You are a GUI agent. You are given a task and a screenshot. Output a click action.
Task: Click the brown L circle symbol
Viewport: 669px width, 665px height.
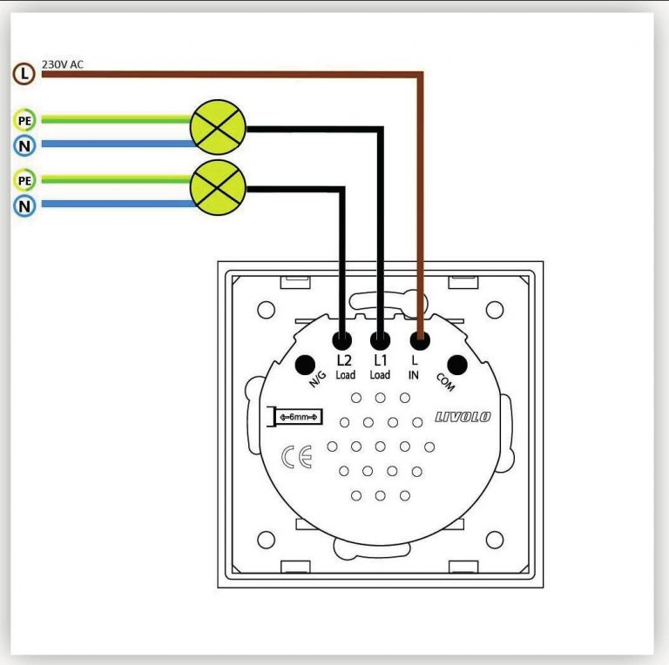coord(24,74)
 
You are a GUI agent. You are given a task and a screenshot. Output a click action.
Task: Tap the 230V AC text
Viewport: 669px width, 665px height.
coord(63,64)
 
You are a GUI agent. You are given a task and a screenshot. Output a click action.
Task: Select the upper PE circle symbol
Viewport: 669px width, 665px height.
coord(24,121)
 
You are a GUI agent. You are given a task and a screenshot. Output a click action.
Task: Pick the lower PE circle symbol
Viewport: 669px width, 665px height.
coord(24,181)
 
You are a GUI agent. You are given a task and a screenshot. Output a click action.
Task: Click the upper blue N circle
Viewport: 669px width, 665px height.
coord(24,145)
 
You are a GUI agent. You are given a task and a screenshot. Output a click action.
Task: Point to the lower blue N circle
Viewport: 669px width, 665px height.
coord(24,206)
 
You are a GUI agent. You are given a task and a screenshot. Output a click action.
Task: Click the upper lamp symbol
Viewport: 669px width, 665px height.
coord(218,127)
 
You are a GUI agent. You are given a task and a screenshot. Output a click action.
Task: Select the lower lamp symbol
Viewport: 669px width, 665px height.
coord(218,187)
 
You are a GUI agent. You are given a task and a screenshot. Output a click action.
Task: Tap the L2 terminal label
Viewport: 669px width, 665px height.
coord(344,360)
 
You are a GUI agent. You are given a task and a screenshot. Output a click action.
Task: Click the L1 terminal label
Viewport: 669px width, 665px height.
coord(380,360)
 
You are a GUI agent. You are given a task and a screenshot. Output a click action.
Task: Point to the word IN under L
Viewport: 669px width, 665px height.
coord(414,375)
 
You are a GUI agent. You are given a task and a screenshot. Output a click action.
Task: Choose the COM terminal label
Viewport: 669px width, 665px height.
coord(445,382)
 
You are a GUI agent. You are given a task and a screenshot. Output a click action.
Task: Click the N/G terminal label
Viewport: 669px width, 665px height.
coord(317,379)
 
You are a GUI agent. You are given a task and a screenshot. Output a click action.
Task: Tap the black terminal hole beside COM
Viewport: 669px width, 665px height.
coord(457,365)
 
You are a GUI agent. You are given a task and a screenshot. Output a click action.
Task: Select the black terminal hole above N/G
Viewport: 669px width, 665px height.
coord(305,365)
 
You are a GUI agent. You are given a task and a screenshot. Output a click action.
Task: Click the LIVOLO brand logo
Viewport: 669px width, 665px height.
coord(463,417)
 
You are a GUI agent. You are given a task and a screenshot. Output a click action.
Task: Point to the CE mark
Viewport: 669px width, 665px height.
coord(297,457)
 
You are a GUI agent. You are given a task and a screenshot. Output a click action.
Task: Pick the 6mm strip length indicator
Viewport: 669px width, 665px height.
coord(294,416)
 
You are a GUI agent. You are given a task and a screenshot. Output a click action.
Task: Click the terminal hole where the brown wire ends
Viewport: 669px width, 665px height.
coord(420,340)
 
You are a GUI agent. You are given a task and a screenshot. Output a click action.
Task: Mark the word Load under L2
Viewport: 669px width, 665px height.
coord(345,375)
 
